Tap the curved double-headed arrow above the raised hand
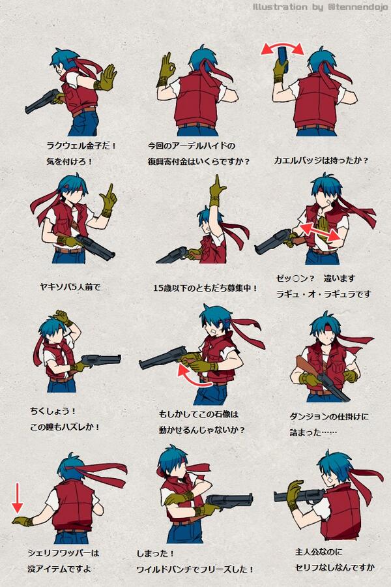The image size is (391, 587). pyautogui.click(x=283, y=48)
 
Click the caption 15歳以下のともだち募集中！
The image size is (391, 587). pyautogui.click(x=205, y=287)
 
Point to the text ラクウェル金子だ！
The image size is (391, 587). pyautogui.click(x=81, y=145)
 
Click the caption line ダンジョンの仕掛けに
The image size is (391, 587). pyautogui.click(x=328, y=416)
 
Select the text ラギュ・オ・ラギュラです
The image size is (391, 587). pyautogui.click(x=323, y=294)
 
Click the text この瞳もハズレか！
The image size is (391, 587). pyautogui.click(x=65, y=427)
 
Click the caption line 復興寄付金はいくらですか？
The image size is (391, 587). pyautogui.click(x=199, y=160)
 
